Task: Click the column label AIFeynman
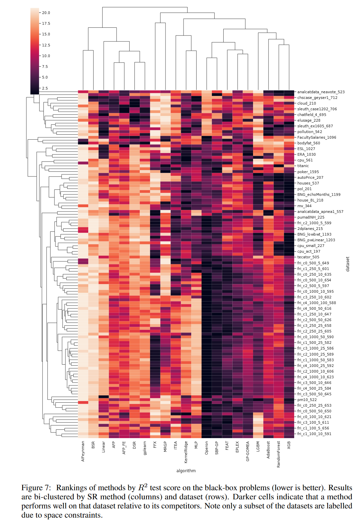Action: [x=83, y=451]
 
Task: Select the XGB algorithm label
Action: [x=289, y=445]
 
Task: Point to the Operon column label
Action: [x=207, y=448]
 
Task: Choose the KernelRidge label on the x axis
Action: [x=186, y=452]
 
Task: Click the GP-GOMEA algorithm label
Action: [x=248, y=451]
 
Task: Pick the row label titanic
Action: [x=303, y=166]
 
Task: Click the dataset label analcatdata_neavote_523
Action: [x=321, y=92]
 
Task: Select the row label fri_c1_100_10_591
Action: [x=314, y=434]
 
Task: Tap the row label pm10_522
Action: [x=307, y=400]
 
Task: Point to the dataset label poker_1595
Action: [x=308, y=172]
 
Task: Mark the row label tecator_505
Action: [x=308, y=257]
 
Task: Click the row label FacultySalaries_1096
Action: [x=317, y=137]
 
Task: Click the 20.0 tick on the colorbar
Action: [x=46, y=13]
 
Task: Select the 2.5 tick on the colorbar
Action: [x=45, y=88]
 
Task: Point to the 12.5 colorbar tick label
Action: [x=46, y=45]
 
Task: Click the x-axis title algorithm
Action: [x=186, y=471]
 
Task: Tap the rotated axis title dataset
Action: [x=348, y=264]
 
